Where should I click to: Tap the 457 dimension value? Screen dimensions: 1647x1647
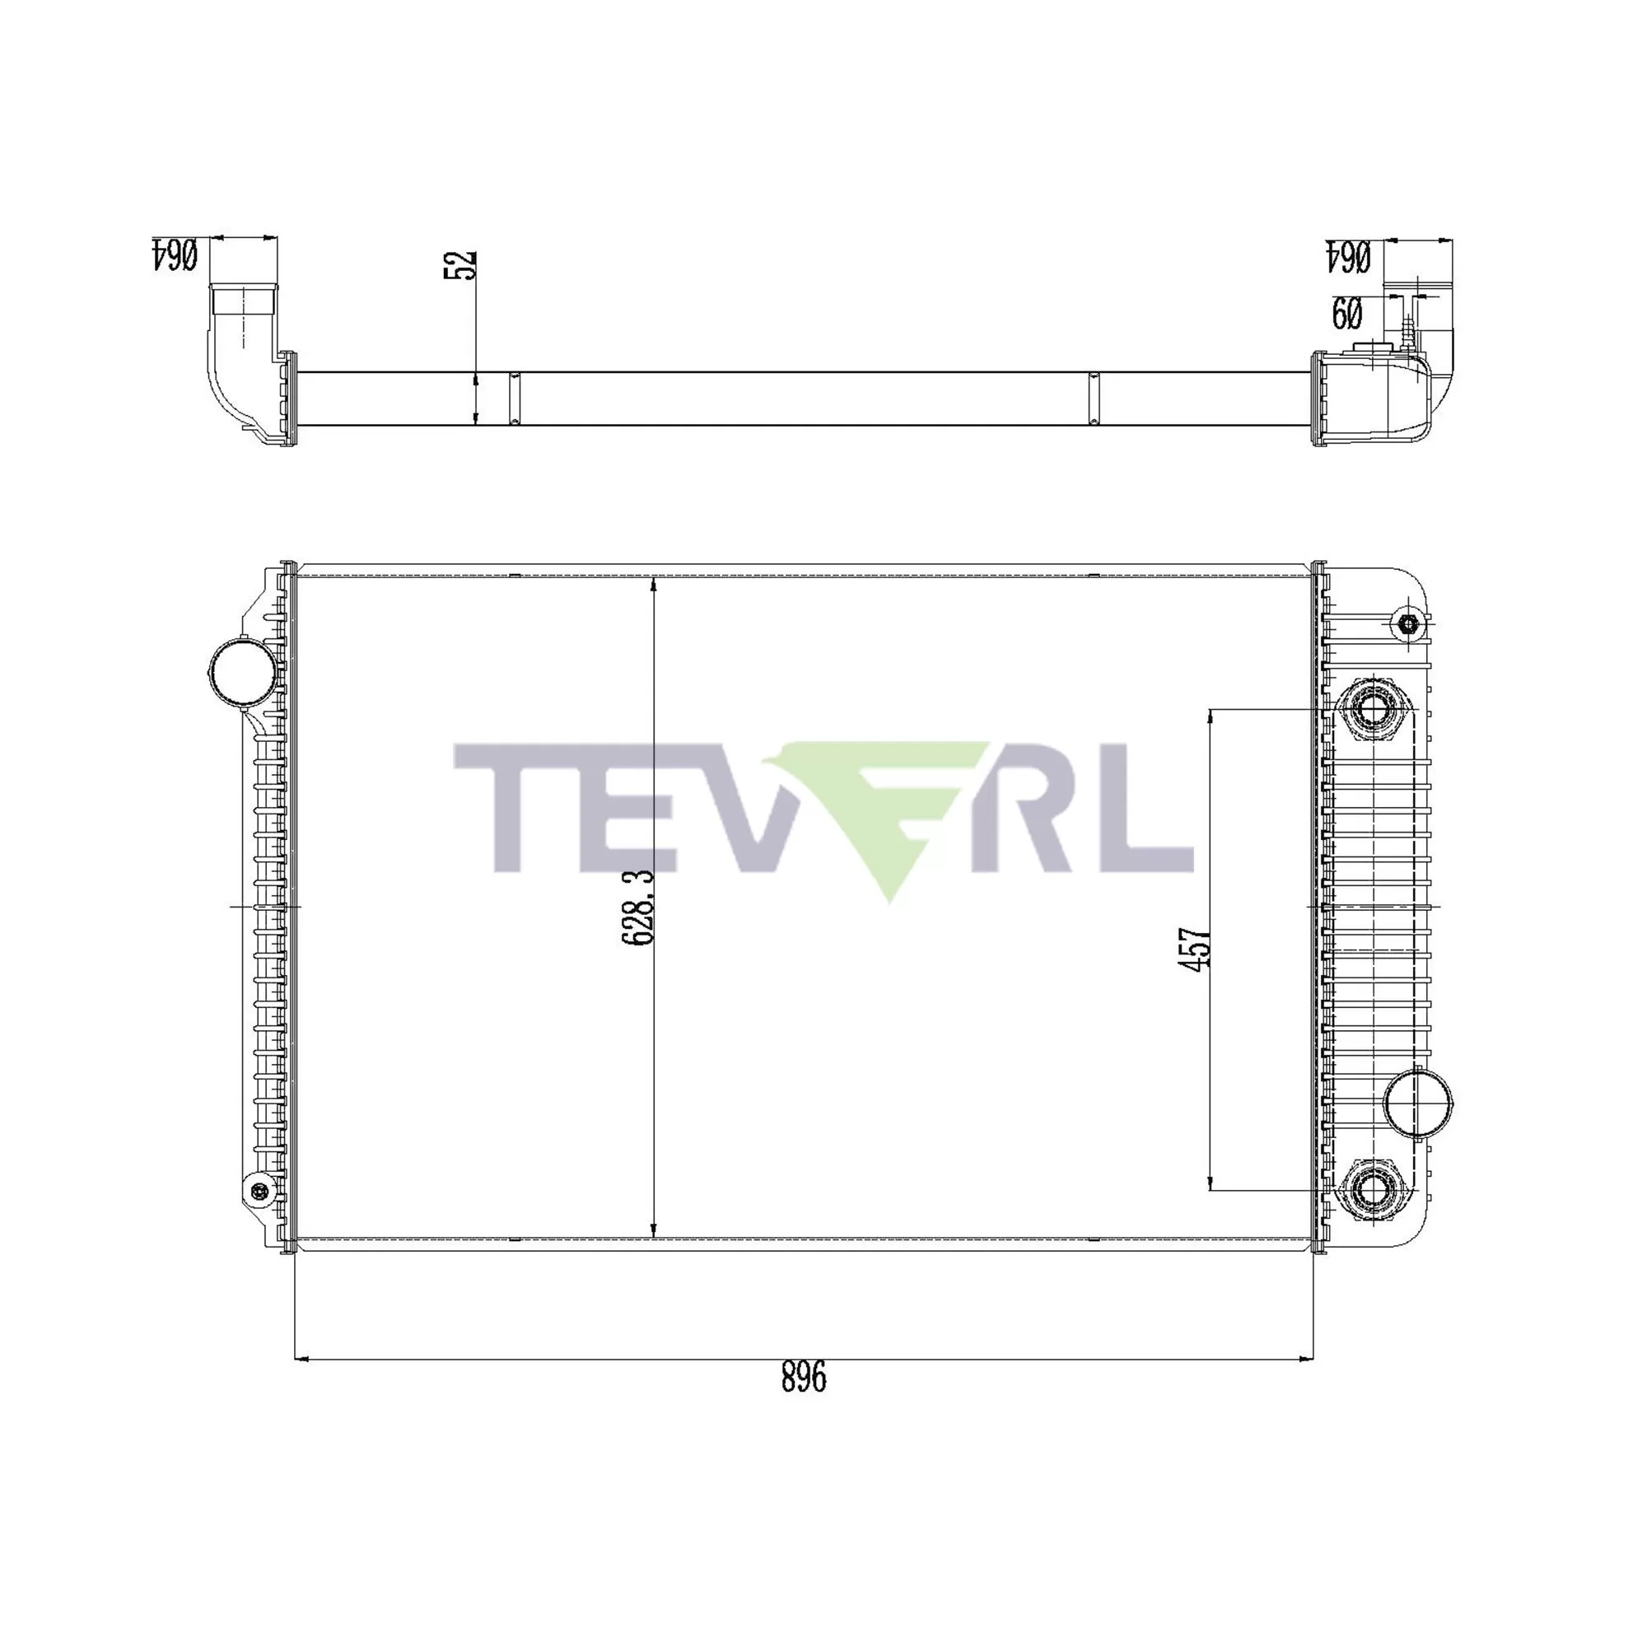click(x=1193, y=948)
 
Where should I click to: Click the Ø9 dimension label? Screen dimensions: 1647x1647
click(x=1346, y=314)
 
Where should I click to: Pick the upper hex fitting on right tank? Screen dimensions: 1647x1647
click(x=1374, y=709)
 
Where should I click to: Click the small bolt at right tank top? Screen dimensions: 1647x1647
click(x=1408, y=625)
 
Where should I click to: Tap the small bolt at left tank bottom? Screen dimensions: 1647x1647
click(x=259, y=1191)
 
